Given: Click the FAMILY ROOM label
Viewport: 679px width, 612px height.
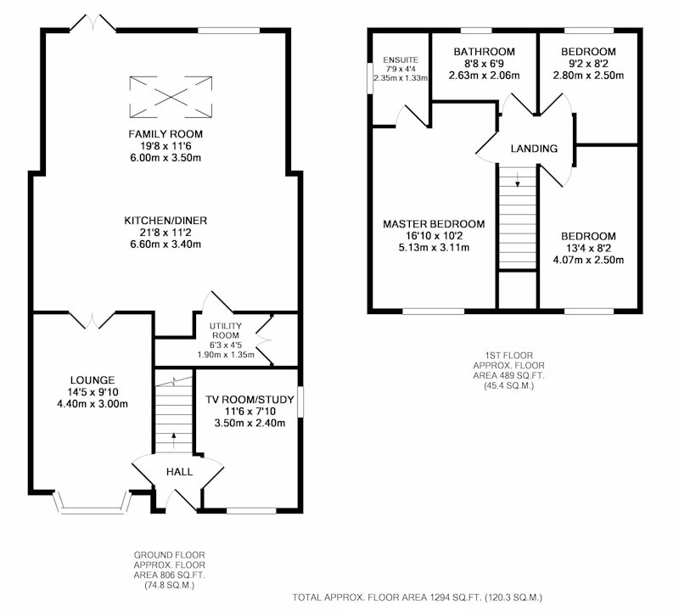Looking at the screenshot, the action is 166,134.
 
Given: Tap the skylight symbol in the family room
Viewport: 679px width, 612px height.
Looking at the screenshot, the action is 171,97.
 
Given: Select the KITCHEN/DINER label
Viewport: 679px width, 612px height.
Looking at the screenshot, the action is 166,221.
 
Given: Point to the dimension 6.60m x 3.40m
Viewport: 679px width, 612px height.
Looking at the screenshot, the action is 166,244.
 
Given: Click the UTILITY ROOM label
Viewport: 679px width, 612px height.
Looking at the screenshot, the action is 226,330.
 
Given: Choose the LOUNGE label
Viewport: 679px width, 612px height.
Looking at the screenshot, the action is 93,380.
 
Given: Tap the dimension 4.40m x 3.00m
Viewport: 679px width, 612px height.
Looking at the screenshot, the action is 93,404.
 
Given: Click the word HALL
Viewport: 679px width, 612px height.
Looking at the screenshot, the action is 179,472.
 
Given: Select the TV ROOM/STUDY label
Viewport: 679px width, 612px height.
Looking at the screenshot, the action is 250,399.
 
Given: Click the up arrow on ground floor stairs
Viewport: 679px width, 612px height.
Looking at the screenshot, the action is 174,440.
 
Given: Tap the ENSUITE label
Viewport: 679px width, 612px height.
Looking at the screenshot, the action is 401,59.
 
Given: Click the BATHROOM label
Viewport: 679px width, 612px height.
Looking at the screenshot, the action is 484,52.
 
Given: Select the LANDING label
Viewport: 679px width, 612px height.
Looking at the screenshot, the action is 534,149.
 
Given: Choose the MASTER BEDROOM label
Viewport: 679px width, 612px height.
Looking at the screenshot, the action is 434,224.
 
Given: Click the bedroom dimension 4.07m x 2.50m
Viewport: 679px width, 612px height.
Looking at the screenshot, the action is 588,260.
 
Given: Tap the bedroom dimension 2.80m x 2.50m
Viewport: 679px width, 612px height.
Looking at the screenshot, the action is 588,76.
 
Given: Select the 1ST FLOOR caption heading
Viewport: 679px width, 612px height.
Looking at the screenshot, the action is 508,355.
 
